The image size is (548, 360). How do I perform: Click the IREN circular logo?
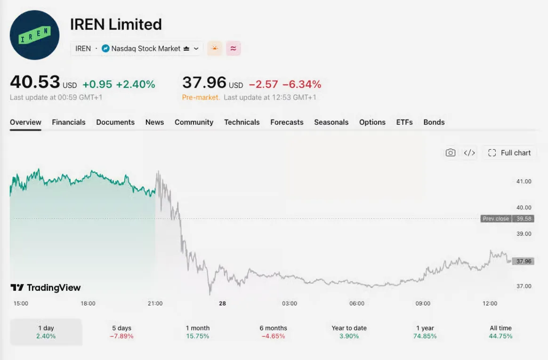[34, 35]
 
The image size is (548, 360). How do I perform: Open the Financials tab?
[69, 122]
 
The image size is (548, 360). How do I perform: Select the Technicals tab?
[242, 122]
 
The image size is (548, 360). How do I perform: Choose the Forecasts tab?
[287, 122]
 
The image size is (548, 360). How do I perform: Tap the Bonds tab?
[434, 122]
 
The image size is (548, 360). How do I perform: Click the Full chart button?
[509, 153]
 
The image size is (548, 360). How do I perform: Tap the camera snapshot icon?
[451, 152]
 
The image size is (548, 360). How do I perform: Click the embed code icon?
[469, 153]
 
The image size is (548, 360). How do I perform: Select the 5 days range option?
[121, 332]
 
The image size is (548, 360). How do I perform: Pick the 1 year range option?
[425, 332]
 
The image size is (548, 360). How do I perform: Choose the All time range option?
[501, 332]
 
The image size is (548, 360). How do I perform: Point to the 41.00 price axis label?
[524, 181]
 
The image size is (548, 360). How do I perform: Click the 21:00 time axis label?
[155, 304]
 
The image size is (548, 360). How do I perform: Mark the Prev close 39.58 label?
[507, 218]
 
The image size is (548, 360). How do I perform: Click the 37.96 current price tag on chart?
[524, 261]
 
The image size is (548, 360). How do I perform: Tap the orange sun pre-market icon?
[215, 48]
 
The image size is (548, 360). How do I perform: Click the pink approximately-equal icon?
[233, 48]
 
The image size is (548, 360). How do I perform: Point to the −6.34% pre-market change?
[302, 84]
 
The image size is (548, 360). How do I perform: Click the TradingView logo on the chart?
[46, 288]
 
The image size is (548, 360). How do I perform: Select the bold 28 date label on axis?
[222, 304]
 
